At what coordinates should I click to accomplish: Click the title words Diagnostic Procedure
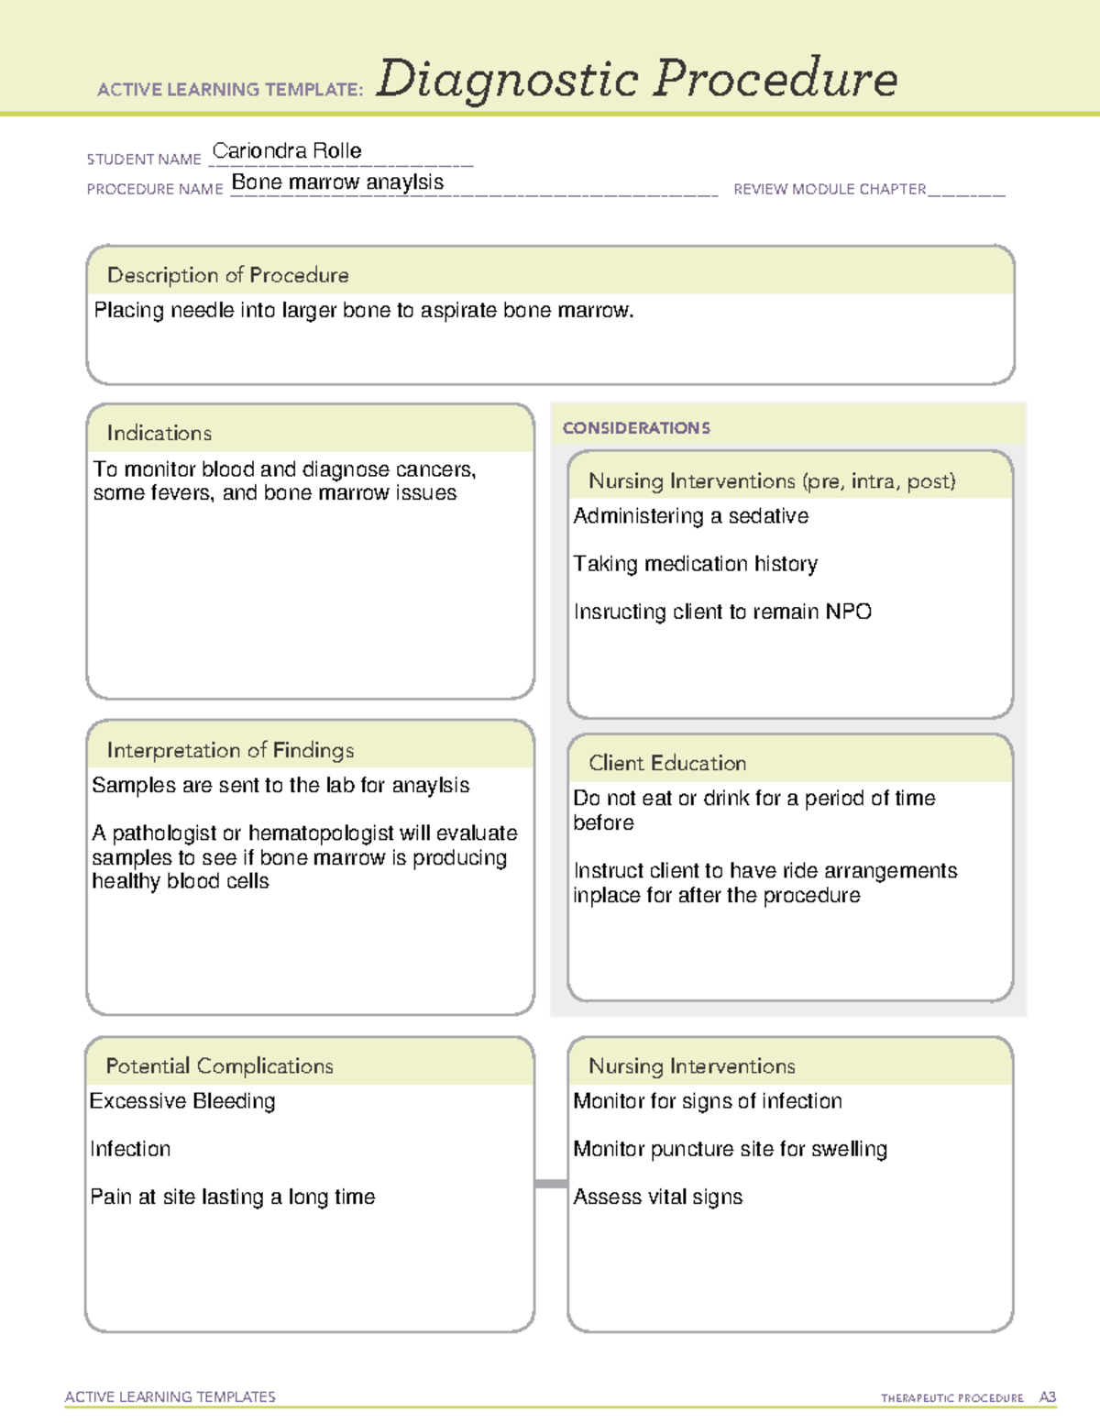pyautogui.click(x=636, y=79)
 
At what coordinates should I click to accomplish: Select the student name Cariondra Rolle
pyautogui.click(x=287, y=150)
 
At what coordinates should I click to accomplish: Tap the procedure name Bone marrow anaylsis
pyautogui.click(x=337, y=182)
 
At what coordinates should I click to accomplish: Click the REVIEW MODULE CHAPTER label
pyautogui.click(x=830, y=189)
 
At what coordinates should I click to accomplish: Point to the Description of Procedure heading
pyautogui.click(x=227, y=275)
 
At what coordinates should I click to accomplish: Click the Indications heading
pyautogui.click(x=159, y=433)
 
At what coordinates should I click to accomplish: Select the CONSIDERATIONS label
pyautogui.click(x=636, y=428)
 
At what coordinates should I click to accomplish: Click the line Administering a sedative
pyautogui.click(x=690, y=516)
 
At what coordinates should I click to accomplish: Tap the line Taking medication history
pyautogui.click(x=695, y=564)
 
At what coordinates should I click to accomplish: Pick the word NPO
pyautogui.click(x=848, y=612)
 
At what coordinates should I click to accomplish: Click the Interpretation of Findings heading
pyautogui.click(x=230, y=750)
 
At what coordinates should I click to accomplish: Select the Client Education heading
pyautogui.click(x=667, y=763)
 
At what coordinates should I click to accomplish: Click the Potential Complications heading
pyautogui.click(x=219, y=1065)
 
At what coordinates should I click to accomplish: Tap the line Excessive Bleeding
pyautogui.click(x=182, y=1101)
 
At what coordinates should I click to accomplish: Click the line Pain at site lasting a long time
pyautogui.click(x=233, y=1197)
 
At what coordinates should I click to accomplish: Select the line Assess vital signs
pyautogui.click(x=657, y=1197)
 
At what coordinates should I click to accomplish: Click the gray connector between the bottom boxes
pyautogui.click(x=551, y=1184)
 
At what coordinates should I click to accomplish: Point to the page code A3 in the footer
pyautogui.click(x=1047, y=1397)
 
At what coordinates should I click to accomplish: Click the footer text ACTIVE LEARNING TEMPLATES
pyautogui.click(x=170, y=1396)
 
